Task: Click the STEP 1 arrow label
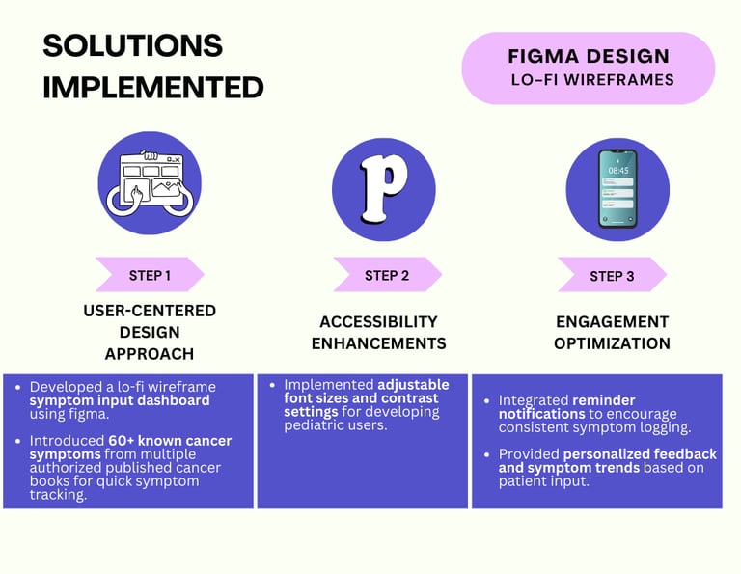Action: click(149, 275)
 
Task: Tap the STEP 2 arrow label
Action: click(386, 275)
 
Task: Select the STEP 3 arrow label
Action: click(612, 276)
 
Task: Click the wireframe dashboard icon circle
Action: click(150, 183)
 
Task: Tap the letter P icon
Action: click(383, 183)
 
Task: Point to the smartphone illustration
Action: click(617, 188)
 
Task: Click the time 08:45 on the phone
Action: click(617, 170)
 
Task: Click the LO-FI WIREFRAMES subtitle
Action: click(591, 80)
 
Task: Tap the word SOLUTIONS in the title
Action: click(133, 45)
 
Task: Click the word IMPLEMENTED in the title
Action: click(153, 88)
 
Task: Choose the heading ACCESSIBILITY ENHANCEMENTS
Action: click(383, 332)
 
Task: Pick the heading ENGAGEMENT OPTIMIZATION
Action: click(612, 332)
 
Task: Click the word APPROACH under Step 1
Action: click(150, 353)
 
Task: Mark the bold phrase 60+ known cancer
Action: click(170, 441)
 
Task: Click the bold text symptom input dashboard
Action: click(119, 400)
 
